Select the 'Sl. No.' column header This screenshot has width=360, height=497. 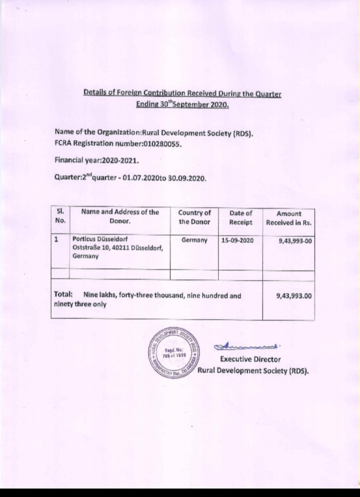pyautogui.click(x=60, y=216)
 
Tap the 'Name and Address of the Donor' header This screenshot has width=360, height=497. pyautogui.click(x=120, y=216)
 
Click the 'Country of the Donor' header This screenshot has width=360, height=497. pyautogui.click(x=194, y=217)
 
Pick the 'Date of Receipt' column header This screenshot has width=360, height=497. pyautogui.click(x=241, y=217)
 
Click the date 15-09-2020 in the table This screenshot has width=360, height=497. pyautogui.click(x=237, y=240)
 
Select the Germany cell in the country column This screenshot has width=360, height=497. pyautogui.click(x=194, y=240)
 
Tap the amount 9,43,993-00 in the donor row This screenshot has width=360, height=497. pyautogui.click(x=295, y=241)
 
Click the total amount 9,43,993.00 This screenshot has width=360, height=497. pyautogui.click(x=294, y=295)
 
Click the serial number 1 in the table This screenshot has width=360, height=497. pyautogui.click(x=56, y=239)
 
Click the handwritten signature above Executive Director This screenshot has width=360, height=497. pyautogui.click(x=247, y=345)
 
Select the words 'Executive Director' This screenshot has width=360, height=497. pyautogui.click(x=250, y=359)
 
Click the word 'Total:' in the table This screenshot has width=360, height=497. pyautogui.click(x=64, y=295)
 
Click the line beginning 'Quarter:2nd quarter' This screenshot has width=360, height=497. pyautogui.click(x=130, y=177)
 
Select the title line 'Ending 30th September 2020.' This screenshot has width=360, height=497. pyautogui.click(x=182, y=105)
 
